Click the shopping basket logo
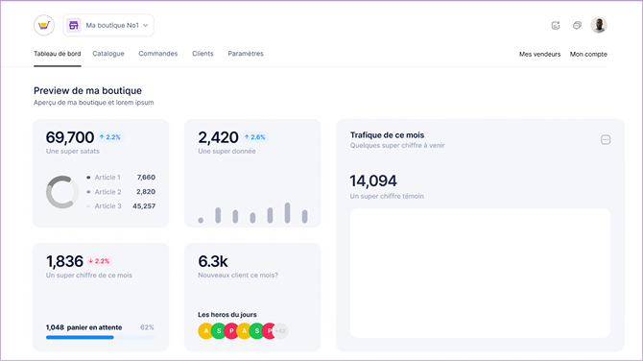[44, 25]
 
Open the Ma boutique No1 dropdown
[108, 25]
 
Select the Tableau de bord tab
[57, 54]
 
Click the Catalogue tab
[108, 54]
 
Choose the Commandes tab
[157, 54]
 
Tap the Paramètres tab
[246, 54]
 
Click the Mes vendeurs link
[538, 55]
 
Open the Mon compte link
[588, 55]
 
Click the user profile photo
[599, 26]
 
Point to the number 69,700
[70, 137]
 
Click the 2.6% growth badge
[254, 137]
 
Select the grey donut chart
[62, 192]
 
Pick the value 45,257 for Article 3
[144, 205]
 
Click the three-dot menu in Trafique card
[606, 140]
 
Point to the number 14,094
[373, 180]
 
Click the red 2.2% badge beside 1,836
[99, 261]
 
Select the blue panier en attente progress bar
[80, 337]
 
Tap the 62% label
[147, 327]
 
